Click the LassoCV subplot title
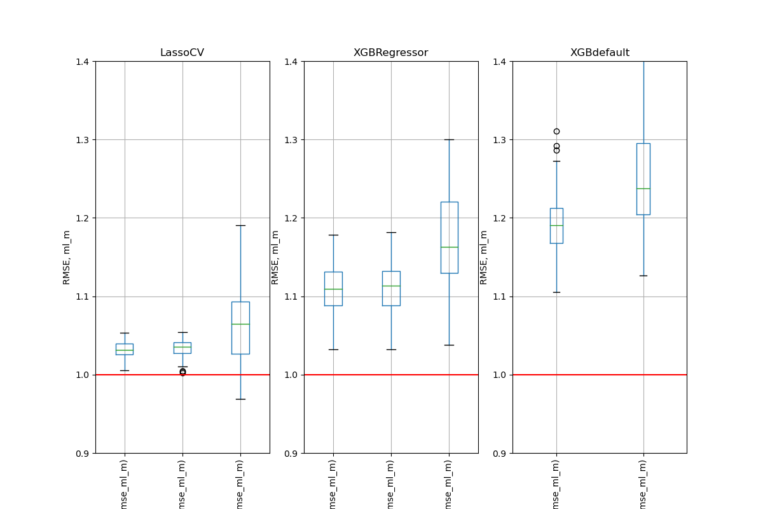click(182, 53)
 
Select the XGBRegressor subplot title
click(390, 53)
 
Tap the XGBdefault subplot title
click(600, 53)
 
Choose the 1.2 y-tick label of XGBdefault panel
click(501, 218)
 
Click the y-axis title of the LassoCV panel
click(67, 257)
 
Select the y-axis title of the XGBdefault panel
click(484, 257)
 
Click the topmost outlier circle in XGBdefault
click(556, 131)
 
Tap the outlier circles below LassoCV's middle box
click(182, 372)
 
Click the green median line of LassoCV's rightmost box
click(240, 324)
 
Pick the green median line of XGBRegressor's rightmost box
click(449, 247)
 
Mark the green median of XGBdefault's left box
click(556, 225)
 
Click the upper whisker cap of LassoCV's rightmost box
click(240, 225)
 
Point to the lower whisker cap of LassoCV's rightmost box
click(240, 399)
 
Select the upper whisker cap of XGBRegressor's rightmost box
click(449, 139)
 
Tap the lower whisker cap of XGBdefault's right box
click(643, 275)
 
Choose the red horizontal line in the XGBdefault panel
click(600, 375)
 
